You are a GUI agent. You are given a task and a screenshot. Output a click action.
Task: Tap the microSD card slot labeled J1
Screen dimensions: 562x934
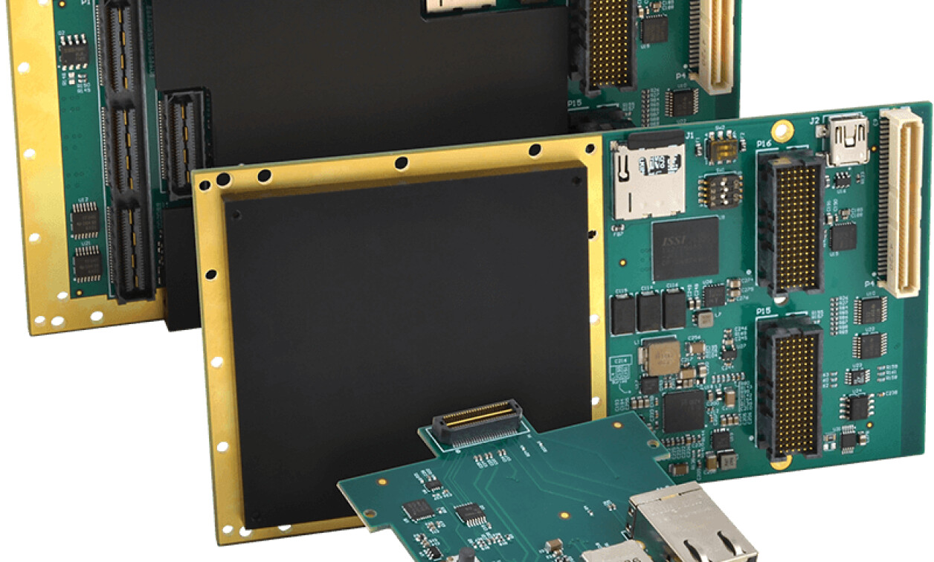(x=648, y=179)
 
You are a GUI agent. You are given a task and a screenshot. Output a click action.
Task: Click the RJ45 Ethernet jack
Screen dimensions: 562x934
(x=691, y=525)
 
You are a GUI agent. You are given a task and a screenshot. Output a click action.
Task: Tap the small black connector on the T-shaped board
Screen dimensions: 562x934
(x=477, y=423)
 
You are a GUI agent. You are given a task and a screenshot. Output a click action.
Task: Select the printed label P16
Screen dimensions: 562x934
(x=764, y=143)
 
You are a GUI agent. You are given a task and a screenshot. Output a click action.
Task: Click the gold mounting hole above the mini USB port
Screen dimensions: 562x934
(x=782, y=130)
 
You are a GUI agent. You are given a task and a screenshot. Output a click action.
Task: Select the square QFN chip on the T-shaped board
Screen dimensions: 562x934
(x=418, y=508)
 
